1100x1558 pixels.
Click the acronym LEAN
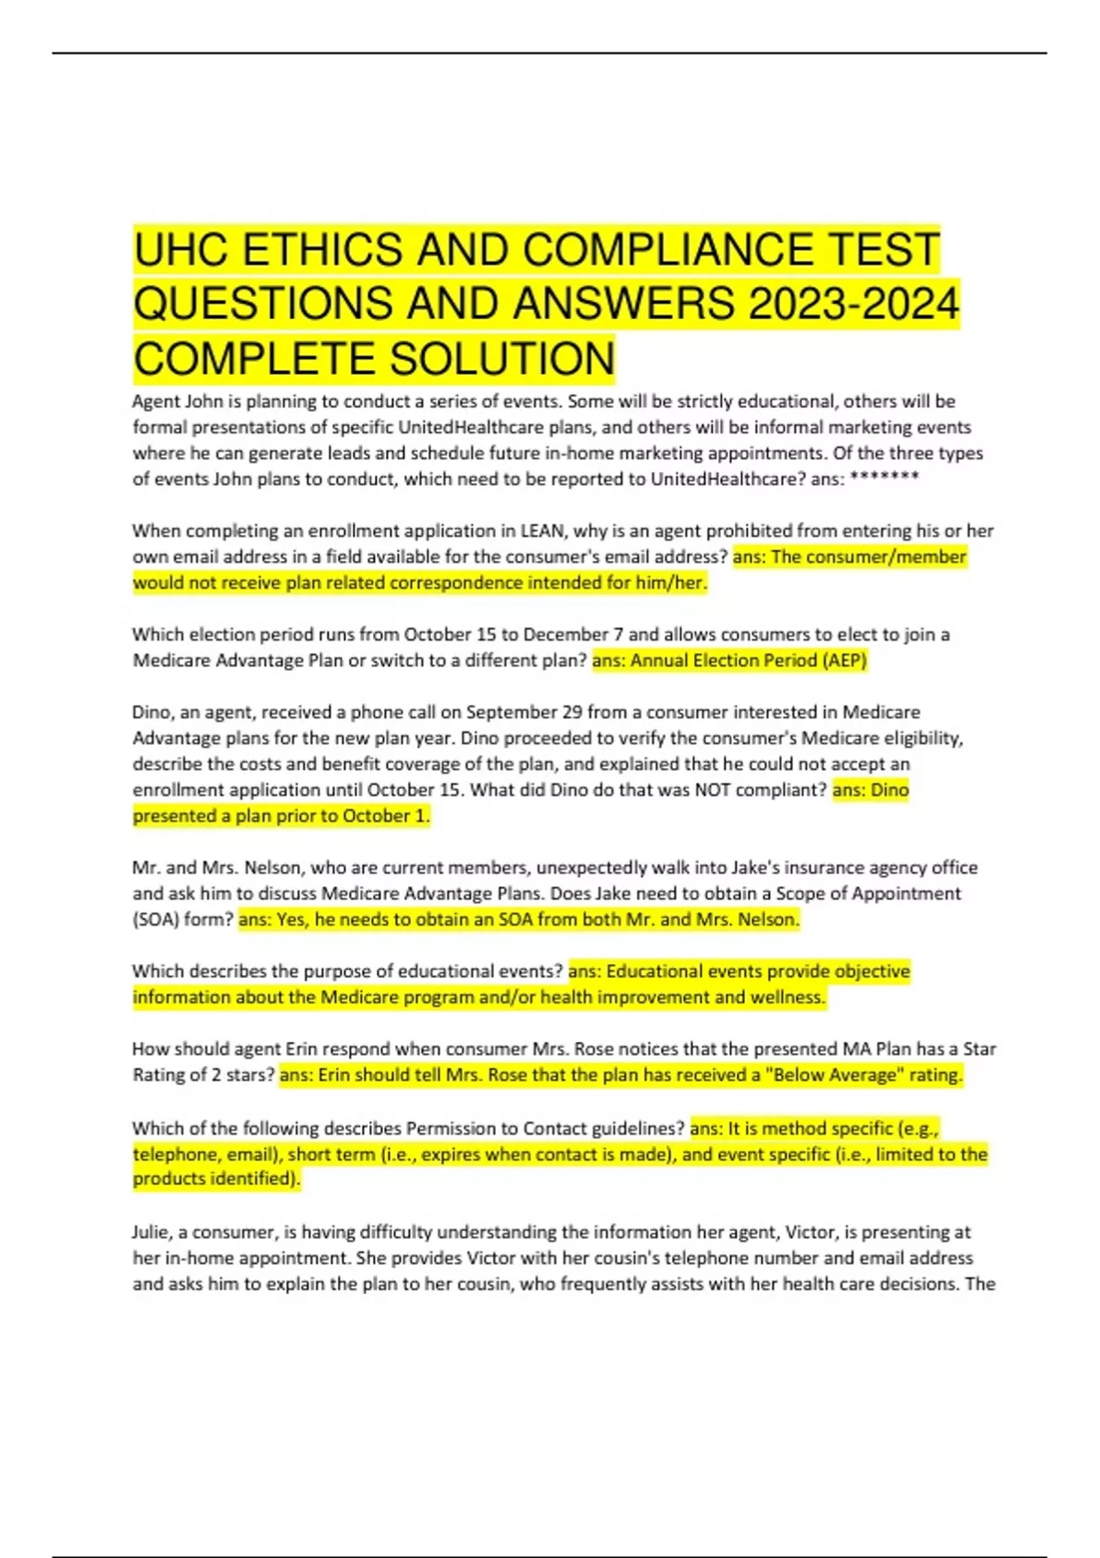(542, 531)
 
